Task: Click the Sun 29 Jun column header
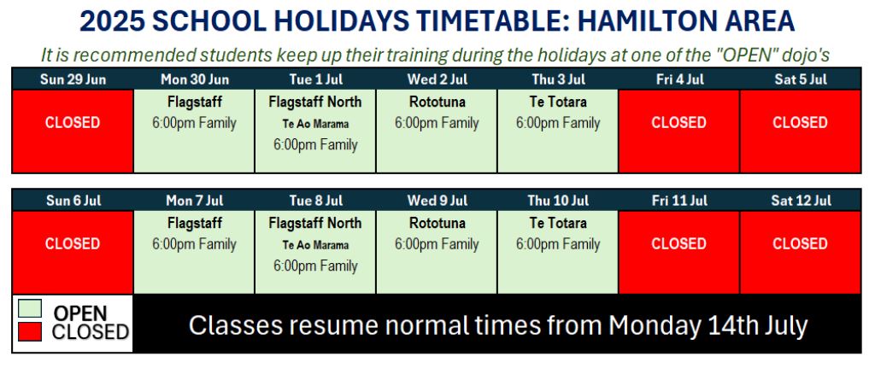tap(73, 79)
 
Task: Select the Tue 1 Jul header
tap(315, 79)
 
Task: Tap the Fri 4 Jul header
tap(679, 79)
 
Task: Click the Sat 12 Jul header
tap(801, 201)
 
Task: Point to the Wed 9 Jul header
tap(437, 201)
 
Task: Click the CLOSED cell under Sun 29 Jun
tap(73, 131)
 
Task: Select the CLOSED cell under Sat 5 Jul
tap(800, 131)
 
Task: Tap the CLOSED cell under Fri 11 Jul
tap(679, 252)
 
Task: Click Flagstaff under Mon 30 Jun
tap(194, 102)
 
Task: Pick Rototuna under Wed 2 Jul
tap(437, 102)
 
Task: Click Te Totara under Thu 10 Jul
tap(558, 224)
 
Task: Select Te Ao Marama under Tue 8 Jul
tap(315, 245)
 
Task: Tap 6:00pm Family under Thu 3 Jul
tap(558, 123)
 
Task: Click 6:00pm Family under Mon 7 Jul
tap(194, 244)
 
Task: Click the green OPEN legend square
tap(30, 308)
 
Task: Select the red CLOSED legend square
tap(30, 332)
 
